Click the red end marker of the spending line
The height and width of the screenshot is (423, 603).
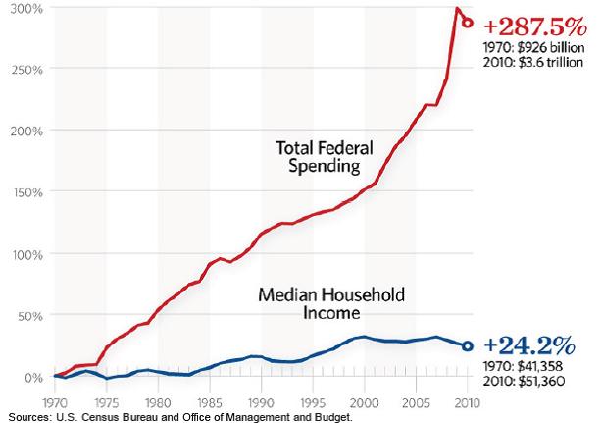point(468,22)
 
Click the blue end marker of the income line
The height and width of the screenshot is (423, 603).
point(468,346)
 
